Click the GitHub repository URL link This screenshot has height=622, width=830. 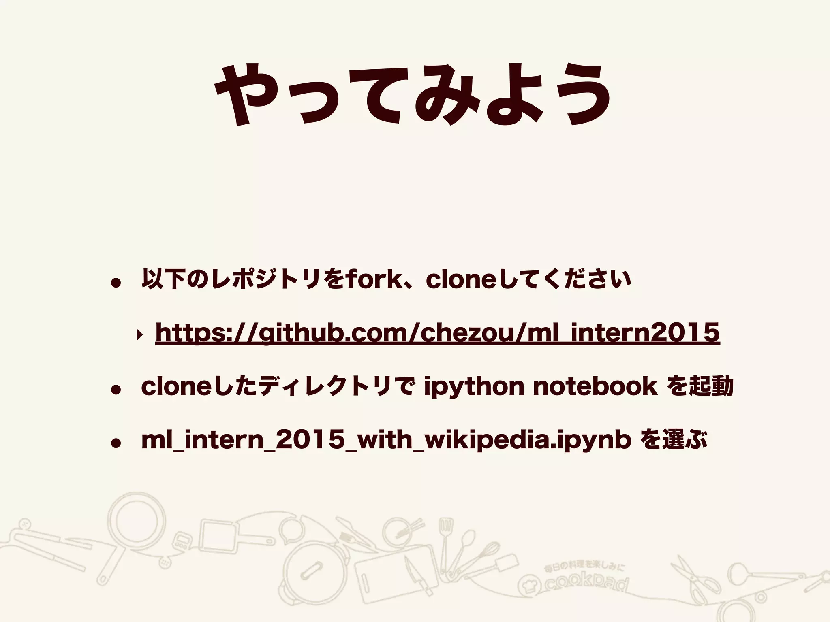click(437, 333)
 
